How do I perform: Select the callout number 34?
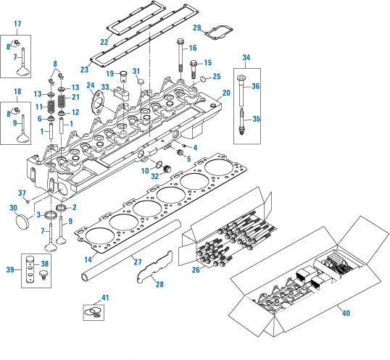click(x=246, y=57)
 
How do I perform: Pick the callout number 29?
click(x=196, y=28)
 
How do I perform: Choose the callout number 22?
click(x=104, y=43)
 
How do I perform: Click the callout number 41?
click(x=104, y=298)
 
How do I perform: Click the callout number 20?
click(x=226, y=93)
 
